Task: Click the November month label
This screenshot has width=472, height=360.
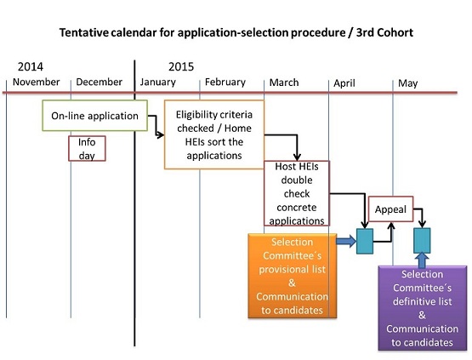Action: (36, 82)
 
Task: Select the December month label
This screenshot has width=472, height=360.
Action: (99, 82)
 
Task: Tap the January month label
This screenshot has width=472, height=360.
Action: (157, 83)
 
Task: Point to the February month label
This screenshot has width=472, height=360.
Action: (225, 83)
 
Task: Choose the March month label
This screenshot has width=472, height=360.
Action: (284, 83)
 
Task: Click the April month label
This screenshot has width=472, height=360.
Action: (344, 83)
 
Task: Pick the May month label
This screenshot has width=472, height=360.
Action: (408, 83)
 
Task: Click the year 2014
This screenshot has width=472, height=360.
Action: (31, 66)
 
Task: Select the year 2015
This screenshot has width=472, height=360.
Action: (181, 66)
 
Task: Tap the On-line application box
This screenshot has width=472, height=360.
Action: (94, 116)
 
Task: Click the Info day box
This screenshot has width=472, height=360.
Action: (87, 149)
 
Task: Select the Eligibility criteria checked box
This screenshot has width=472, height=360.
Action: (214, 134)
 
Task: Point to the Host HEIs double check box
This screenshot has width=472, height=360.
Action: (297, 193)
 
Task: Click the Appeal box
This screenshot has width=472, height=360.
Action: (390, 209)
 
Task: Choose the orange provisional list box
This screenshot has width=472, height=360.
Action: (293, 276)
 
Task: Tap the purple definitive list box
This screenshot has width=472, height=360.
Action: (423, 308)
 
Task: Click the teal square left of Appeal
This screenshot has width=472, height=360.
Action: (365, 241)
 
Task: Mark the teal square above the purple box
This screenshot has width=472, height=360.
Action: (422, 240)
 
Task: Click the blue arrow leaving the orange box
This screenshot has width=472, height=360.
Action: (346, 242)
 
